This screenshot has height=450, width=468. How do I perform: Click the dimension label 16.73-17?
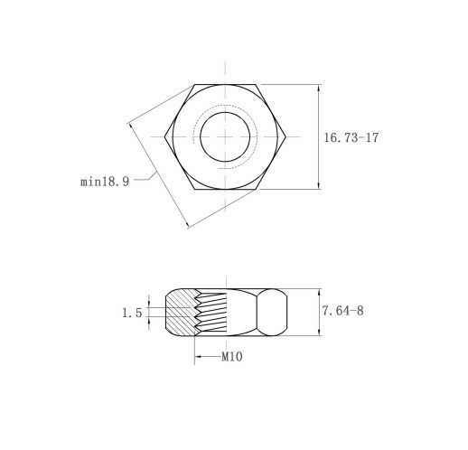click(351, 137)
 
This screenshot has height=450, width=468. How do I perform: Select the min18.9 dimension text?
click(105, 182)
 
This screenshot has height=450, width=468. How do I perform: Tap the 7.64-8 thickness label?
click(342, 311)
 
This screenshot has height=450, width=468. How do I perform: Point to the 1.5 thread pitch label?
click(132, 313)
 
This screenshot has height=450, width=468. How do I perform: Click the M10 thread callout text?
click(232, 357)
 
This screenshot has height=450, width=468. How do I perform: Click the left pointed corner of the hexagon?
click(164, 137)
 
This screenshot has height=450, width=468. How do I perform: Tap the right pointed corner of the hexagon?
click(285, 137)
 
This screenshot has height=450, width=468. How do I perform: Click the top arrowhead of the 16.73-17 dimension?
click(319, 89)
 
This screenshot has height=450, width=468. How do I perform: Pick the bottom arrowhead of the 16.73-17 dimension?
click(319, 185)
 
